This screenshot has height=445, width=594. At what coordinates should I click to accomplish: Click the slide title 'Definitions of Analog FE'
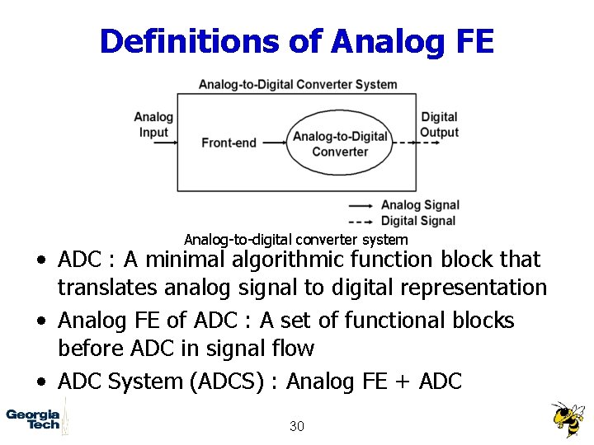click(x=296, y=40)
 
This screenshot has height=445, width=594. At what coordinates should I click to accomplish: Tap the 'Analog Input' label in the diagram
click(x=153, y=124)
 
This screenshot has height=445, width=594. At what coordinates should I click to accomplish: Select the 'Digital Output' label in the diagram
click(x=439, y=124)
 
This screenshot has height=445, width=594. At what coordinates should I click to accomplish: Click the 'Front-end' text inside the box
click(x=229, y=143)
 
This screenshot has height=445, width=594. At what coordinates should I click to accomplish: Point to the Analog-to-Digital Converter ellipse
click(x=340, y=143)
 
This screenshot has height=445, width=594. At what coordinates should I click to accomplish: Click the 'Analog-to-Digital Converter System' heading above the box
click(x=298, y=84)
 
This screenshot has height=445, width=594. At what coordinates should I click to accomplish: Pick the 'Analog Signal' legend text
click(x=419, y=205)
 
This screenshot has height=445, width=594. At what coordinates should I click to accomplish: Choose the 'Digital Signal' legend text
click(x=417, y=220)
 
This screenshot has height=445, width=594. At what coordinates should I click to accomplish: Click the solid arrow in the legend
click(x=361, y=205)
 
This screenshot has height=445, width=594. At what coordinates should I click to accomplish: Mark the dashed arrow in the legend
click(x=361, y=221)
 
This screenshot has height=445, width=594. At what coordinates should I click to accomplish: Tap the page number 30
click(x=297, y=426)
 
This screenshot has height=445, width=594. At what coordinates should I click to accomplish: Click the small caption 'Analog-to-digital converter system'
click(x=295, y=240)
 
